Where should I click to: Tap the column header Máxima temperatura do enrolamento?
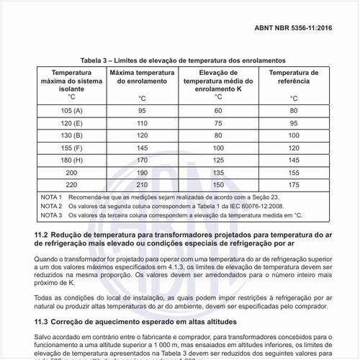coord(143,78)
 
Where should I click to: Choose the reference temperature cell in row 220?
coord(293,185)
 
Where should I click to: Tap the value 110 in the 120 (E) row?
coord(143,122)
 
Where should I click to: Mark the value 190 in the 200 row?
coord(143,173)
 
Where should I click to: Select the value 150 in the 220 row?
coord(217,185)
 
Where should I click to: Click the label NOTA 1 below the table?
coord(51,197)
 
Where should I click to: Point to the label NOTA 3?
coord(51,215)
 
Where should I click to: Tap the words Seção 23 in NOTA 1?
coord(250,197)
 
